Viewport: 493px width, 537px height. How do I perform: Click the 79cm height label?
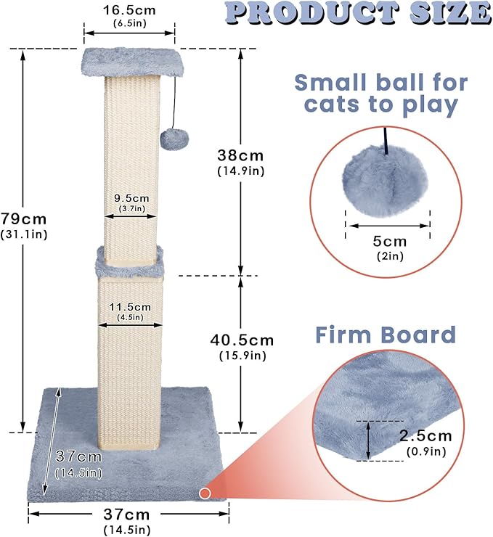click(x=24, y=218)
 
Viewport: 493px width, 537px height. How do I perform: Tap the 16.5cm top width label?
click(x=129, y=12)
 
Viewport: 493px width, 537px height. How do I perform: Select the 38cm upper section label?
click(x=240, y=155)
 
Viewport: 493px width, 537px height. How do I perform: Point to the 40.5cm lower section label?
click(x=242, y=340)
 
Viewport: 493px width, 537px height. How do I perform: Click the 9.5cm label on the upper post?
click(x=131, y=197)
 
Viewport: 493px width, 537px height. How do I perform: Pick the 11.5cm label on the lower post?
click(x=130, y=307)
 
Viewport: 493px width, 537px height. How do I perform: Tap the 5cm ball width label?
click(x=389, y=240)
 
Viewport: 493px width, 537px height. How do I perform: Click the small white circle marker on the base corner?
click(x=205, y=493)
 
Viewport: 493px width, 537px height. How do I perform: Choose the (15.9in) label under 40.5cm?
click(x=242, y=356)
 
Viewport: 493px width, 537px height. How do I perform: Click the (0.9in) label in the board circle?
click(x=424, y=451)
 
